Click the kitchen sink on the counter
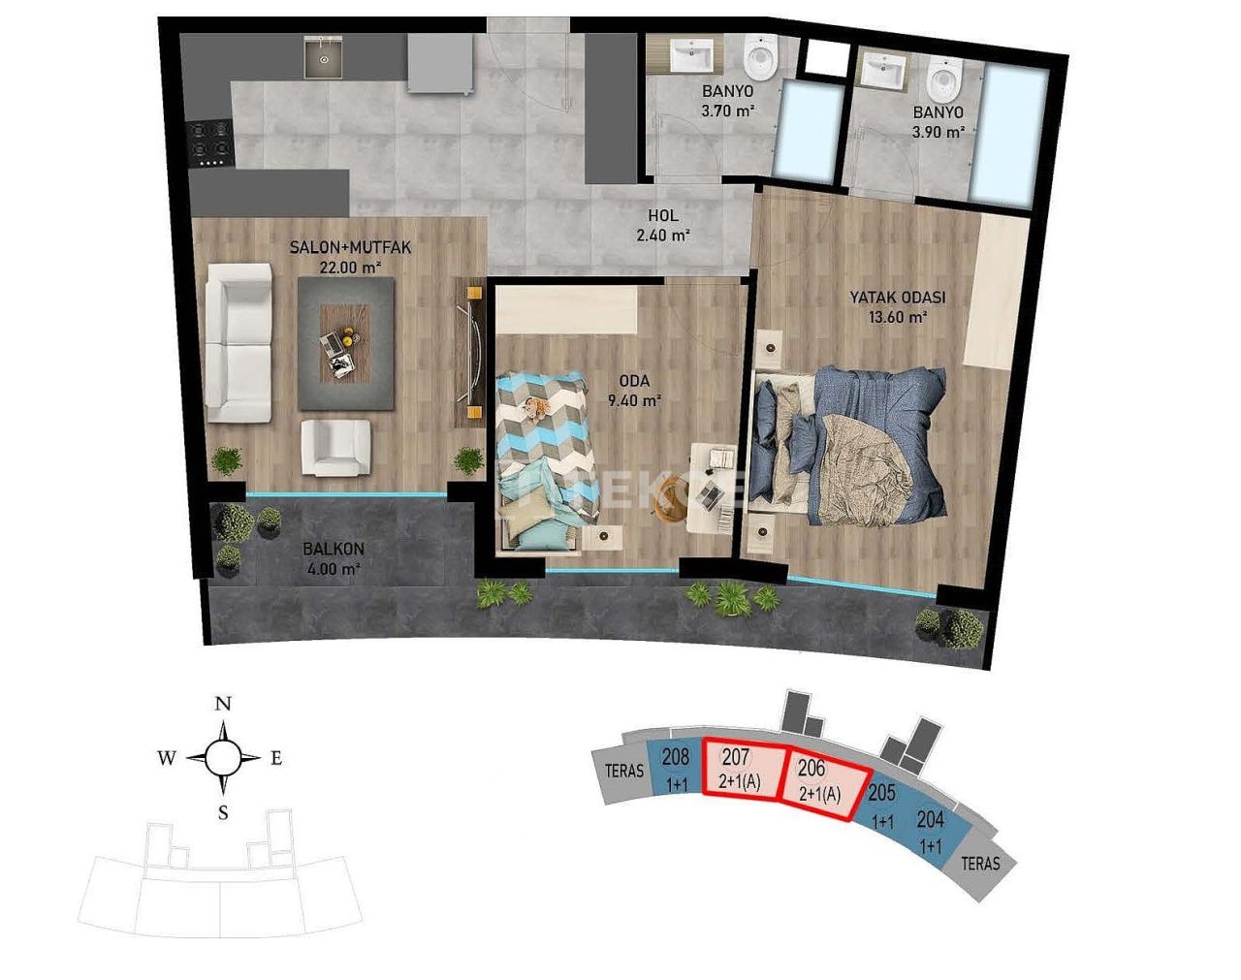(x=322, y=57)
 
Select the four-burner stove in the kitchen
(x=210, y=142)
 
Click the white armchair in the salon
(x=335, y=447)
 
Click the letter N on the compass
(x=223, y=704)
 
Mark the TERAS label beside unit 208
(x=624, y=772)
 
